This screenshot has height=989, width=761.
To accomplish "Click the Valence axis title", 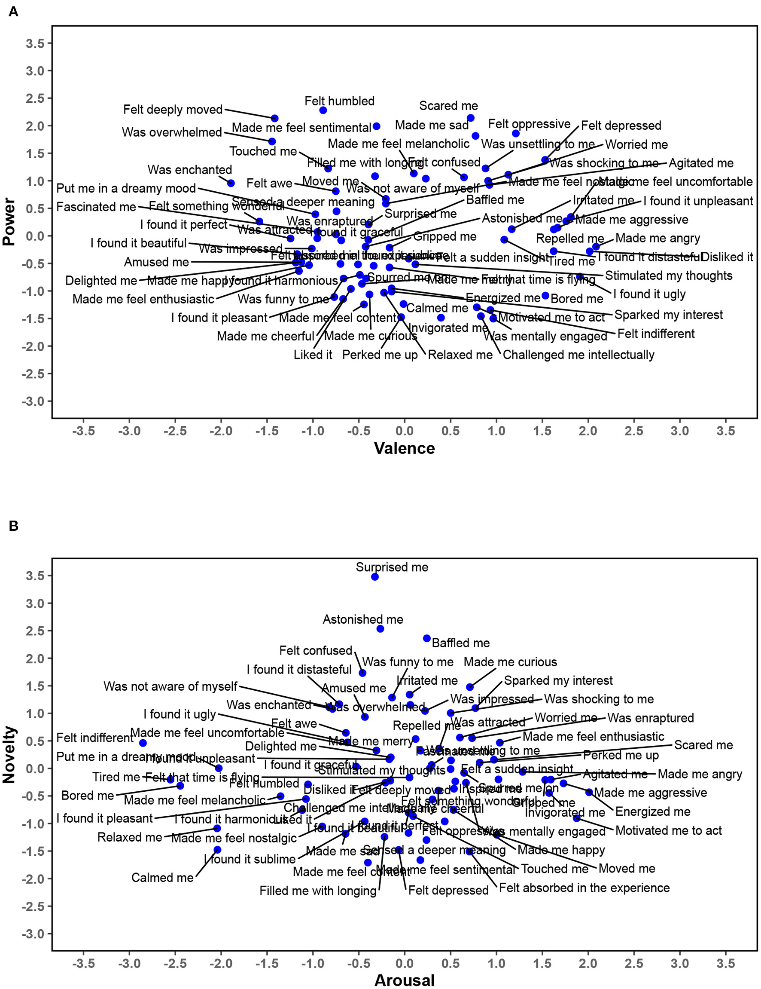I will coord(404,448).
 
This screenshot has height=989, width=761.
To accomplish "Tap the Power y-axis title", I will coord(9,221).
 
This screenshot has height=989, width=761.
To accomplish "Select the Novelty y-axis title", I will coord(9,754).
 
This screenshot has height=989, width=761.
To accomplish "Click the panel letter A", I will coord(14,12).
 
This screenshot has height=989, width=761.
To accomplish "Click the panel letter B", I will coord(14,526).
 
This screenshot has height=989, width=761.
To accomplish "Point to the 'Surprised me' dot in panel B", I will coord(374,576).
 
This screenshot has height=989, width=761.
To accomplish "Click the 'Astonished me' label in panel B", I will coord(362,619).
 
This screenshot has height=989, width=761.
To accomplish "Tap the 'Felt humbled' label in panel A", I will coord(339,101).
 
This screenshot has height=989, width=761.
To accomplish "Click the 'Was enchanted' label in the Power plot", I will coord(189,170).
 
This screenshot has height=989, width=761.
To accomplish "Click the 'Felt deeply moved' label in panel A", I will coord(173,110).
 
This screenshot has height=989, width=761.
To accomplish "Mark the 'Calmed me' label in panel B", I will coord(162,878).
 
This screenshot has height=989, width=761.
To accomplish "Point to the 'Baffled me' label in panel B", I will coord(460,643).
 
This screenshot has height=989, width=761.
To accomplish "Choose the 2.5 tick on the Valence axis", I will coord(633,431).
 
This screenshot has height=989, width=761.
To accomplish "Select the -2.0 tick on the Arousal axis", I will coord(221,964).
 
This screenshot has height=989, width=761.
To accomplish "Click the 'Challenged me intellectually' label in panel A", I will coord(578,355).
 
